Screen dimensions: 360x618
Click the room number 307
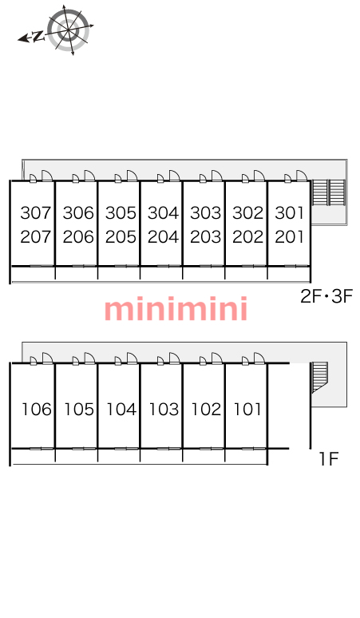(x=36, y=213)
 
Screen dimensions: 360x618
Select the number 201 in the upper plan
(x=290, y=237)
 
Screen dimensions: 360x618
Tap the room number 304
(x=163, y=213)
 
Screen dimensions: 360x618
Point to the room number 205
(x=121, y=237)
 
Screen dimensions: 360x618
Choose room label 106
(x=37, y=410)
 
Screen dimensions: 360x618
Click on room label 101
(x=247, y=410)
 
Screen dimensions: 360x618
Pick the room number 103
(x=164, y=410)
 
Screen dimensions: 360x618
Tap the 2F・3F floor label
(x=326, y=296)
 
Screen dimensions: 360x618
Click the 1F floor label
(x=329, y=459)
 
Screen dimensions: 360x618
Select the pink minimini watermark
(x=176, y=309)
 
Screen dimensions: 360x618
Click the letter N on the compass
(x=38, y=37)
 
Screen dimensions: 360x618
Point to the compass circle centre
(x=69, y=30)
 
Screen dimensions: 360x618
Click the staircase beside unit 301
(x=329, y=192)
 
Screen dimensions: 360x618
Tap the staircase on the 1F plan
(x=320, y=377)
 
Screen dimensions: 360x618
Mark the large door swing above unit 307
(x=47, y=176)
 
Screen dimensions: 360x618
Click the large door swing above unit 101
(x=259, y=358)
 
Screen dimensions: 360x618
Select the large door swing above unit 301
(x=302, y=176)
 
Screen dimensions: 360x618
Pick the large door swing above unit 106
(x=47, y=358)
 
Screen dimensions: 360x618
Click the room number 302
(x=247, y=213)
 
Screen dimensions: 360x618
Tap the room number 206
(x=78, y=237)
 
